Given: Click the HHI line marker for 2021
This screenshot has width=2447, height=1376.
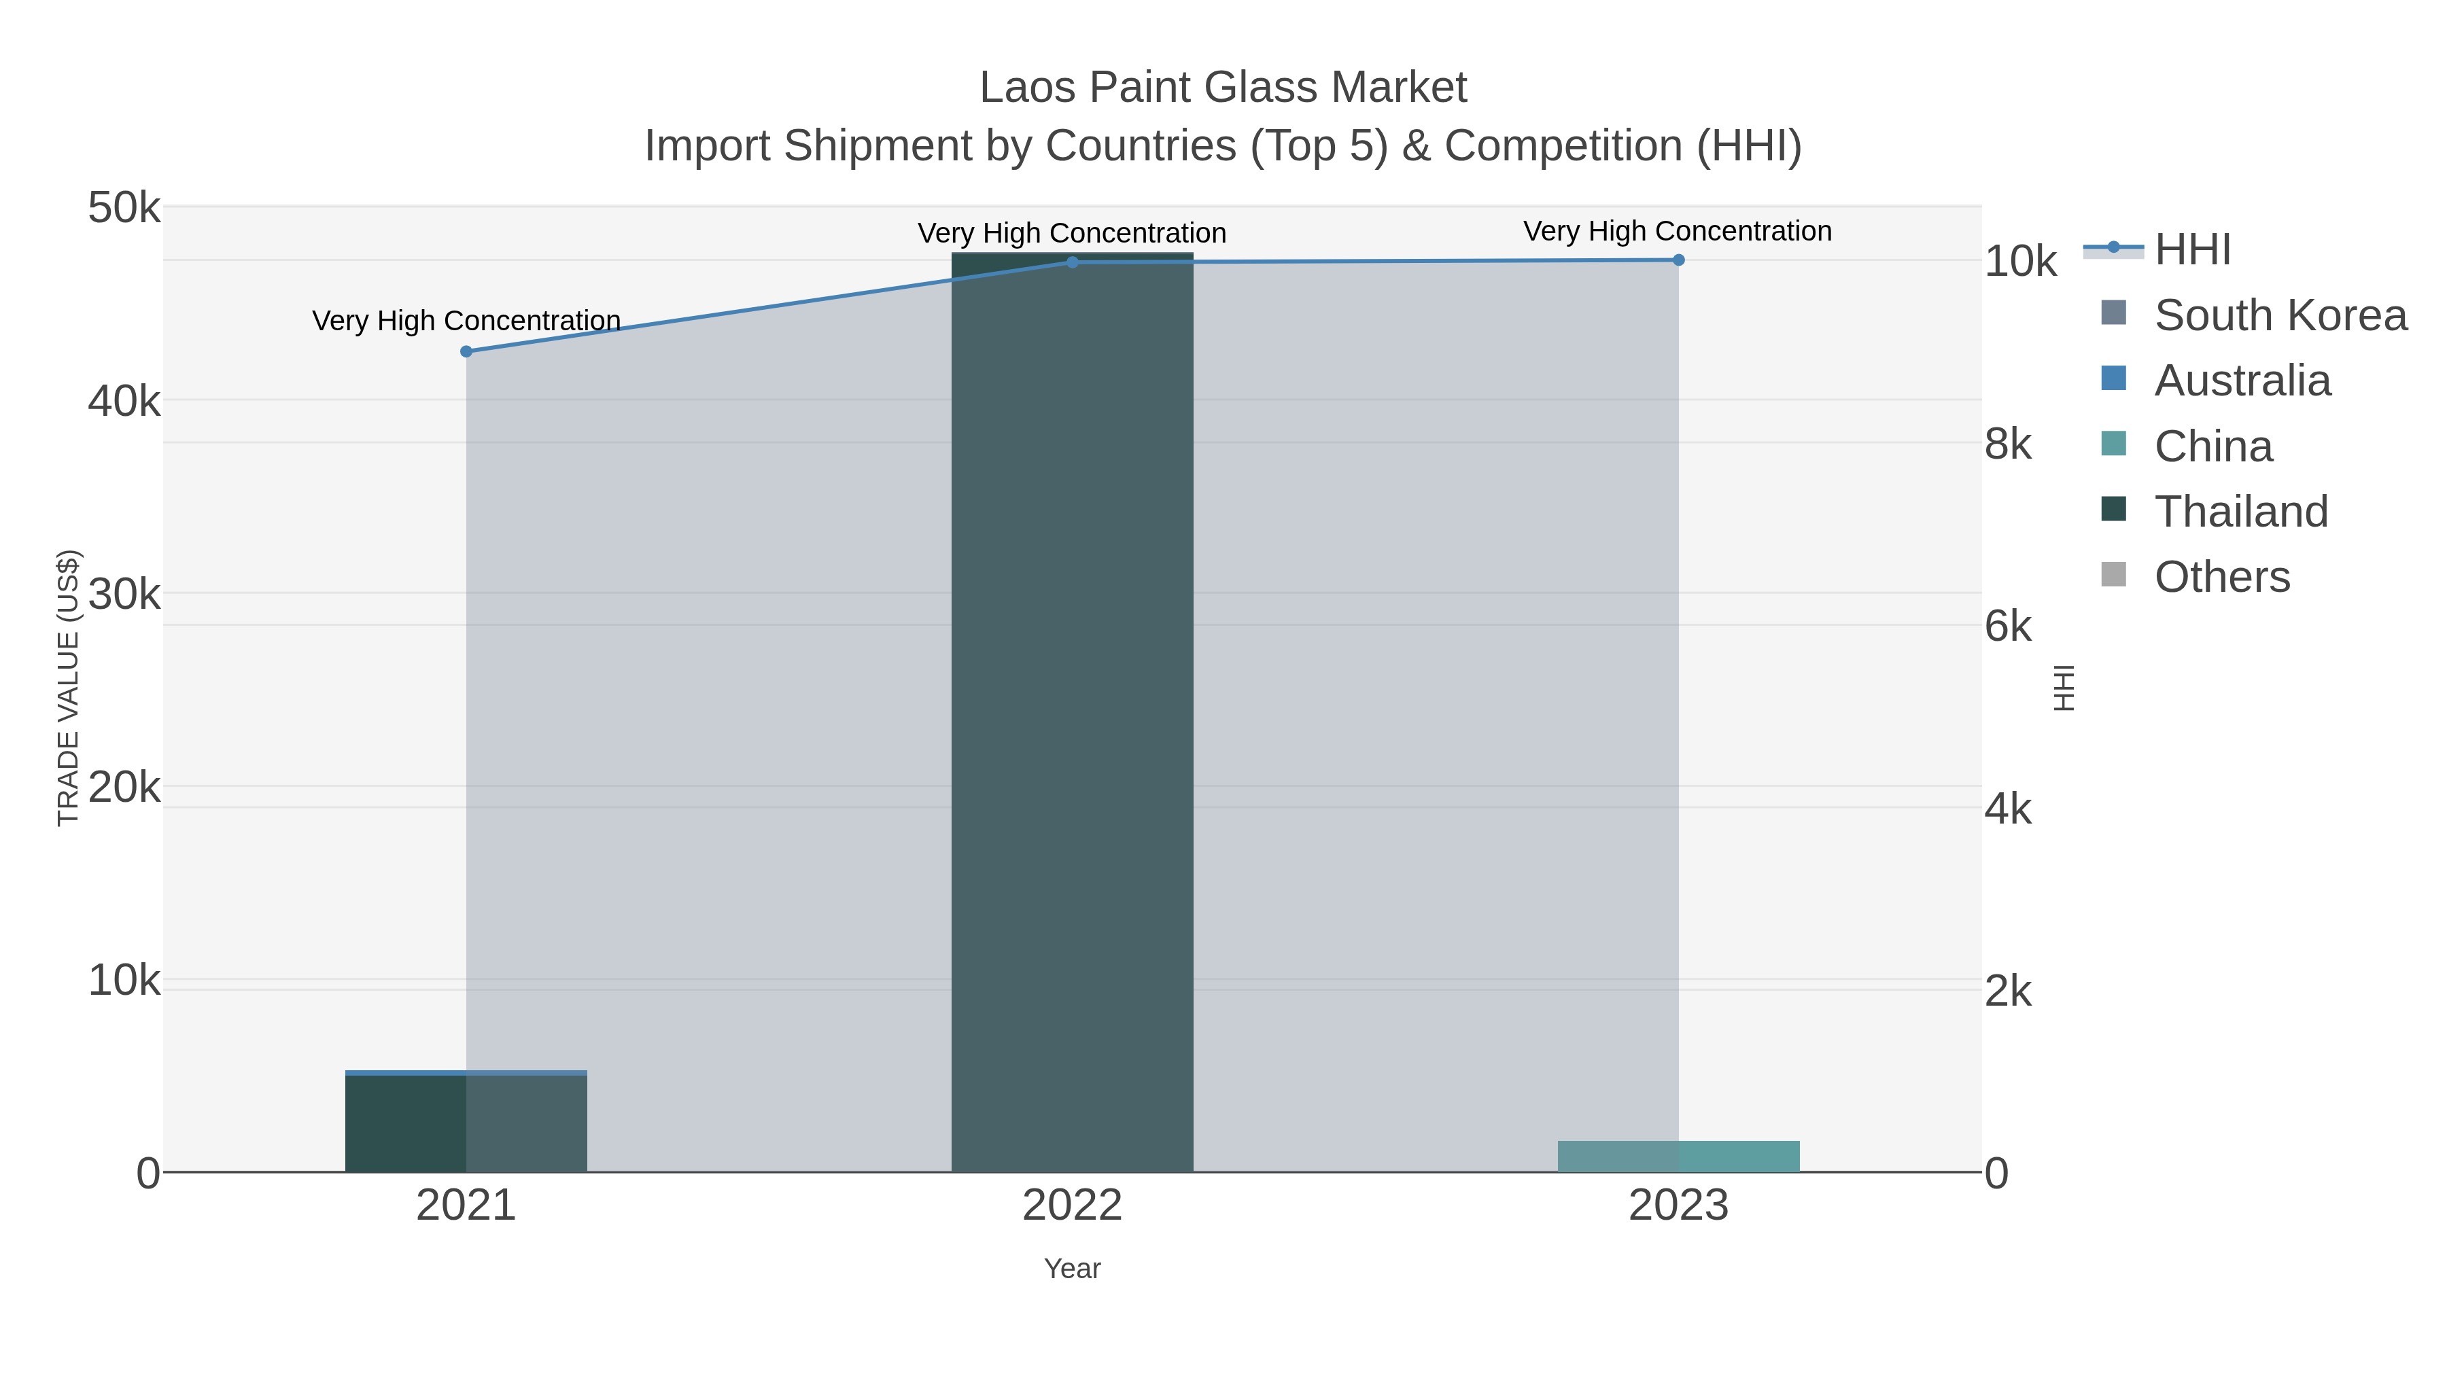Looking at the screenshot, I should (x=466, y=351).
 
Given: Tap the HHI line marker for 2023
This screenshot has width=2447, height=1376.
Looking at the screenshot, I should (x=1678, y=260).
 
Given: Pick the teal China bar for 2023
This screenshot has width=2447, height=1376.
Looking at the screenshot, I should (x=1678, y=1156).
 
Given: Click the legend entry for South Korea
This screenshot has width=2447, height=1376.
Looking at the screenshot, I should (x=2280, y=315).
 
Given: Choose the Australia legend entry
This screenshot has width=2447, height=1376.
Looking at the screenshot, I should (x=2242, y=381).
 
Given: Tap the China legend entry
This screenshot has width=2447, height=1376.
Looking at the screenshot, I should (x=2212, y=446).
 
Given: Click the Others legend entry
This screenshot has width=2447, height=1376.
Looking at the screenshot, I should (x=2221, y=576).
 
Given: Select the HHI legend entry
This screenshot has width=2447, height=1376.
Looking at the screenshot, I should (x=2192, y=250).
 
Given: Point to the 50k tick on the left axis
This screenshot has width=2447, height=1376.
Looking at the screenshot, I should (x=124, y=208).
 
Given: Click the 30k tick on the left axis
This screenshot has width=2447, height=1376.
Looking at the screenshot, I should (x=124, y=595).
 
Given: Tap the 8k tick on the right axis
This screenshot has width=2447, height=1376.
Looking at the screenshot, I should (x=2008, y=444).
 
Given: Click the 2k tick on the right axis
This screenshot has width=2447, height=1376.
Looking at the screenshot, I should (x=2008, y=991).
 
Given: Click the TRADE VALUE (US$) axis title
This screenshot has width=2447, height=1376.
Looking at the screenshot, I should (x=69, y=688).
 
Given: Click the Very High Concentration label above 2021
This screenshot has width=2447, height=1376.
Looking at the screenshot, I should (x=466, y=321).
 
